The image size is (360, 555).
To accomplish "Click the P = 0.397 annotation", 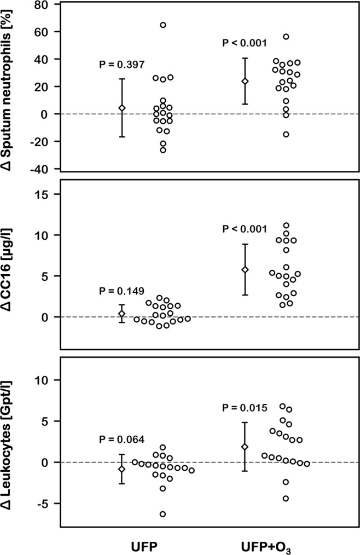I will click(121, 65).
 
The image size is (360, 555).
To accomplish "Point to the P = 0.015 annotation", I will click(245, 407).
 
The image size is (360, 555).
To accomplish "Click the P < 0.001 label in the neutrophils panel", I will click(245, 43).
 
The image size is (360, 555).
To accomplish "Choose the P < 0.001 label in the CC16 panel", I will click(245, 229).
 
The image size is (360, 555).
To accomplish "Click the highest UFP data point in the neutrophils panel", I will click(163, 25).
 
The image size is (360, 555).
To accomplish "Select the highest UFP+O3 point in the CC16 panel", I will click(286, 225).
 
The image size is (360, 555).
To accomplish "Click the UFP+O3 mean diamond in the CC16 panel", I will click(245, 270).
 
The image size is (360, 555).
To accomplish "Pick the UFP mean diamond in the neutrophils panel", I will click(122, 108).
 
